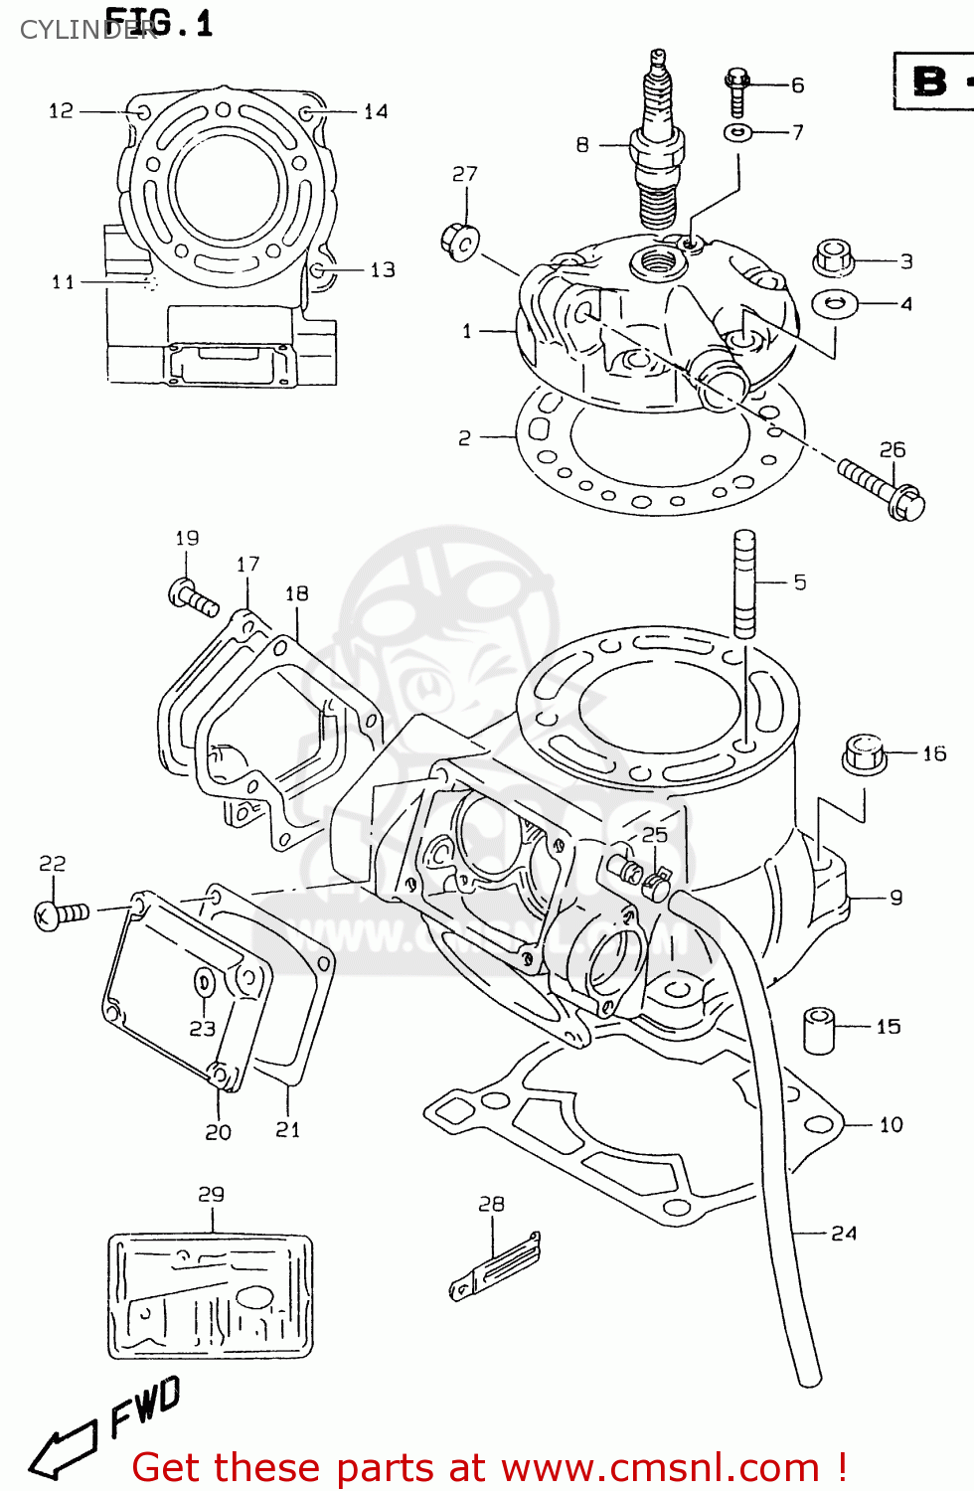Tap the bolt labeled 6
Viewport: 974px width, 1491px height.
pos(735,94)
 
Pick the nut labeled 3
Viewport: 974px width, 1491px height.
pos(834,258)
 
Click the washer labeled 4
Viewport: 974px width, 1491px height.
pos(835,302)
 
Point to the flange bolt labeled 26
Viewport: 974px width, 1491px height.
pos(881,486)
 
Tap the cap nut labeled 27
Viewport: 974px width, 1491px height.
pos(459,241)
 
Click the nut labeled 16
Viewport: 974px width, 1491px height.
pos(863,754)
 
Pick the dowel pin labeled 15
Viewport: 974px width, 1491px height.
pos(819,1030)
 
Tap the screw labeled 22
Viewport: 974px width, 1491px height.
pos(62,913)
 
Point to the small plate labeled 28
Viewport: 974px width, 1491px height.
pos(495,1268)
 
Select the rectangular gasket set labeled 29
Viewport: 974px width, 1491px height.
pos(211,1296)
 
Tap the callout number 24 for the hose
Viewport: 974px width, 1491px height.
pos(844,1234)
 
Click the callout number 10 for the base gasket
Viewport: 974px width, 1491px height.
pos(891,1125)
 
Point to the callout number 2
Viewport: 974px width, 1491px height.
pos(464,437)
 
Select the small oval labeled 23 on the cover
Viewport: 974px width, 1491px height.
pos(204,983)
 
